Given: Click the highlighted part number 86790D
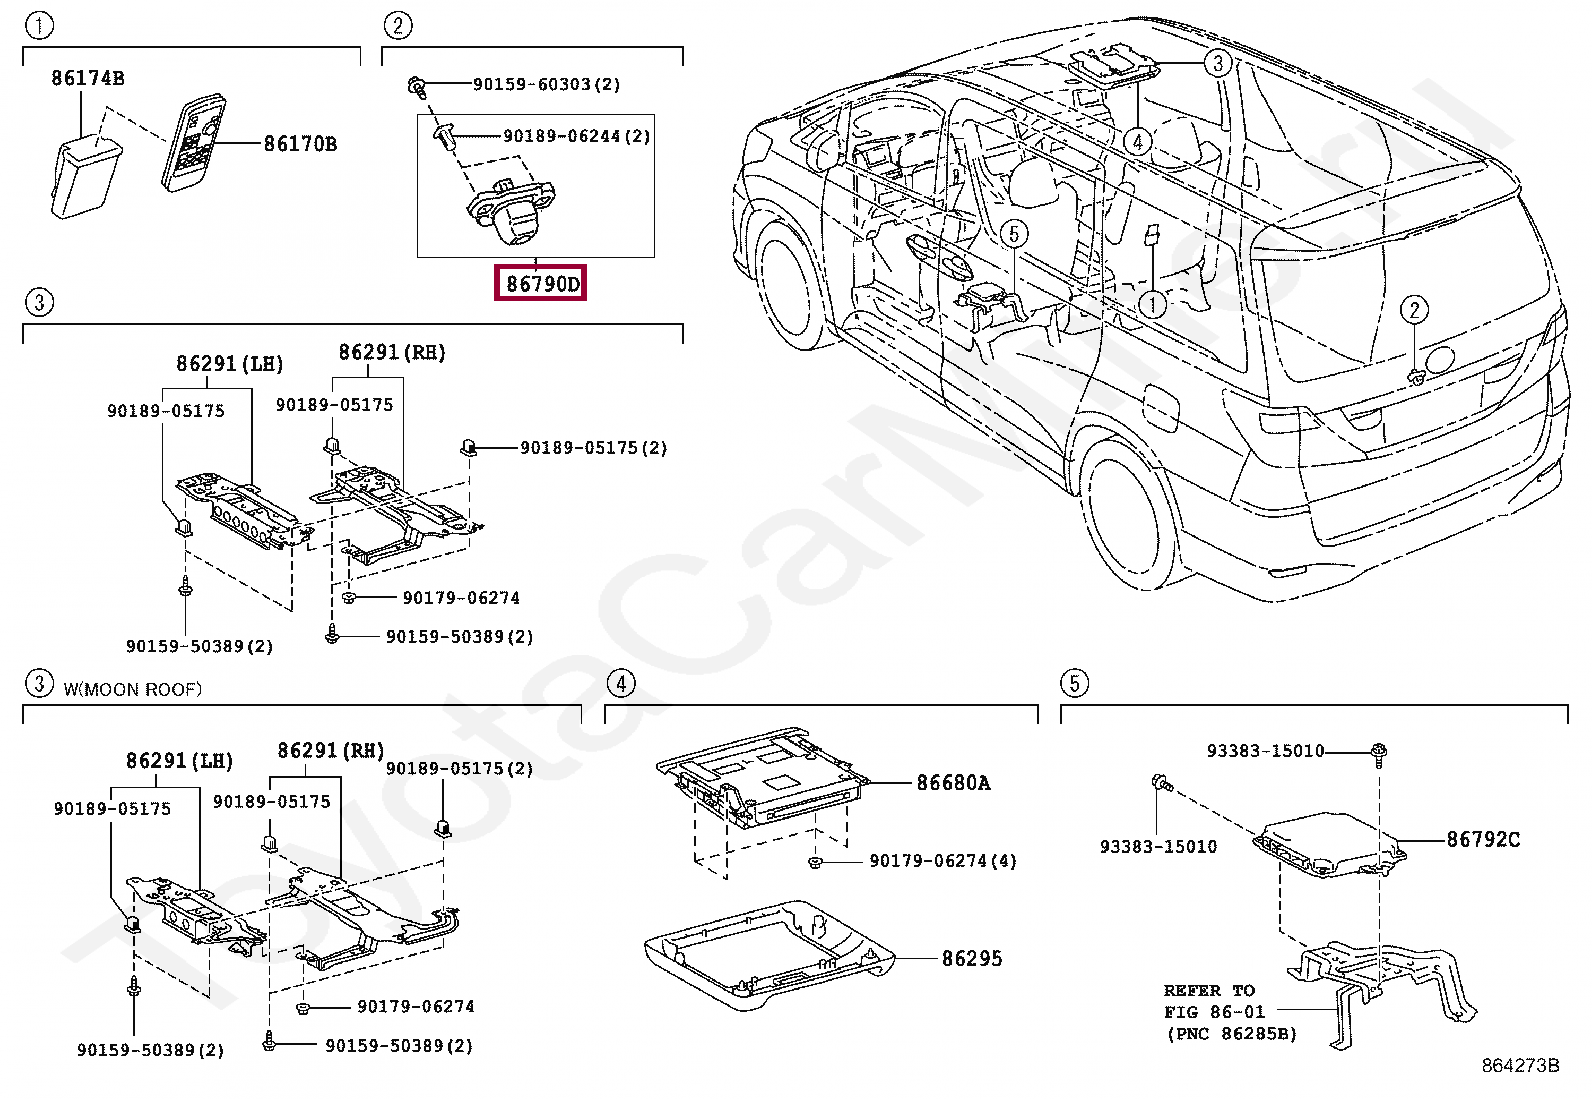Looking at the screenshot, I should (x=541, y=284).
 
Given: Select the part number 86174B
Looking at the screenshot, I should (x=88, y=78).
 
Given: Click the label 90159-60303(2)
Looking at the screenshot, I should (x=546, y=85).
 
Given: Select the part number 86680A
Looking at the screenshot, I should (x=953, y=783).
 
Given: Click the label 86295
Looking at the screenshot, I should (x=971, y=958).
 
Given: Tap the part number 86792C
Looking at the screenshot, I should (x=1482, y=840).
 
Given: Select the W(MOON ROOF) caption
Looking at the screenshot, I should (x=132, y=689).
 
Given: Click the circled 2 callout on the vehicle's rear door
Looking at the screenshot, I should (x=1414, y=310).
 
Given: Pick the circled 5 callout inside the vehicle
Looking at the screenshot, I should (x=1013, y=234).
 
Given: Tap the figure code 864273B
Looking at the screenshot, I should (x=1519, y=1066).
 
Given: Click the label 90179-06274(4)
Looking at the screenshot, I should (x=942, y=861).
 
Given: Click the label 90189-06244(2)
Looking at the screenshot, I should (x=576, y=136).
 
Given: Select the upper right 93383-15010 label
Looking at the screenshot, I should (x=1265, y=751).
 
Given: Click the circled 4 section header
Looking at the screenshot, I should (x=621, y=683).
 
